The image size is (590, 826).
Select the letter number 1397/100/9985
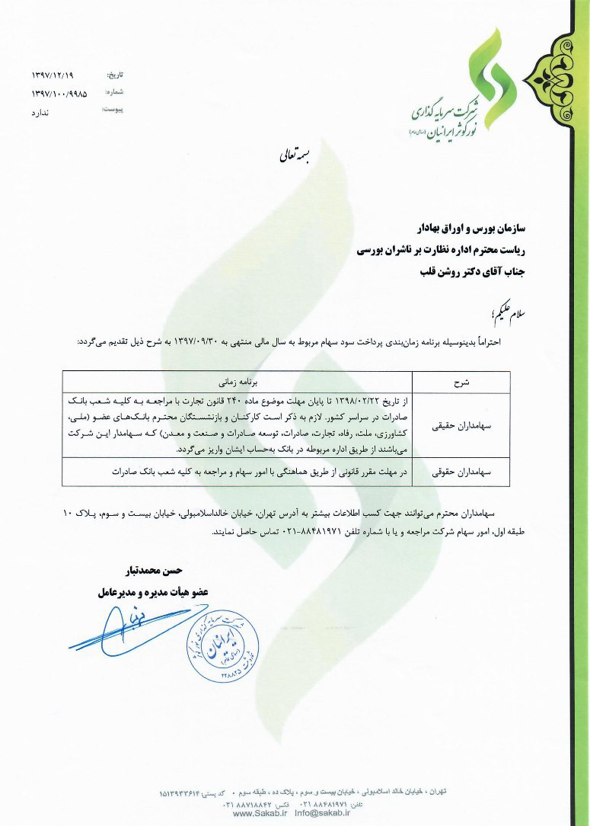tap(59, 94)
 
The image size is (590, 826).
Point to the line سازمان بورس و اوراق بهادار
tap(457, 227)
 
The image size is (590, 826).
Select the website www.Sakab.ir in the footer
tap(260, 813)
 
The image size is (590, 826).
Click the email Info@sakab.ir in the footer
tap(321, 813)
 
